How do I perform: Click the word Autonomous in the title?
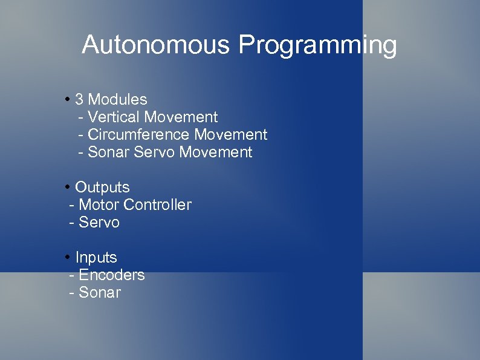(x=157, y=45)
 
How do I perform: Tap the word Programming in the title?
(x=317, y=45)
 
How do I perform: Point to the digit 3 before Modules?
(x=79, y=99)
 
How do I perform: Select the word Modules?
(x=117, y=99)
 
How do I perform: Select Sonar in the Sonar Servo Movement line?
(x=108, y=152)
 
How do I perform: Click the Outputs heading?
(x=102, y=188)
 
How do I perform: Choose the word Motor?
(x=99, y=205)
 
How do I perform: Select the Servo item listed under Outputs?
(x=99, y=223)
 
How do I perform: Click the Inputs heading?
(x=96, y=258)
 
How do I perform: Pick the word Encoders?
(x=112, y=275)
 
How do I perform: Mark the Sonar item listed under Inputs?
(x=100, y=293)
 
